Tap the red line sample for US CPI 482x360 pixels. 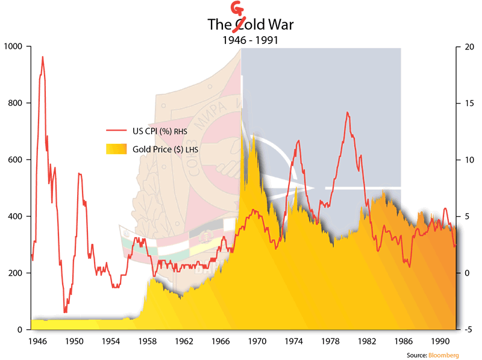[x=117, y=130]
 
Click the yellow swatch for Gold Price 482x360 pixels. [x=117, y=149]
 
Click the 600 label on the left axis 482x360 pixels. [x=14, y=160]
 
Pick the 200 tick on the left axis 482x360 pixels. [x=14, y=273]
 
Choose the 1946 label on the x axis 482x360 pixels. [x=38, y=341]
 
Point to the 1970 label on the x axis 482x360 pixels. [x=258, y=341]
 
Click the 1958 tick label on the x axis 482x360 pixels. [x=148, y=341]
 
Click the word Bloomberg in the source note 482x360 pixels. [x=443, y=355]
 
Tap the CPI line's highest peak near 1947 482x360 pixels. [x=42, y=57]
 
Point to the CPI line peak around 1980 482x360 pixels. [x=348, y=112]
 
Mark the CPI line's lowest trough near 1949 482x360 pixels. [x=65, y=312]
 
